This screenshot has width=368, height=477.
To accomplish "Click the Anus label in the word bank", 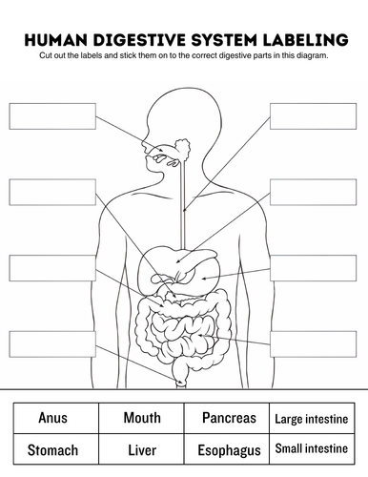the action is click(52, 418).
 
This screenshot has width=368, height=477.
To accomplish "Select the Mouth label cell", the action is click(142, 418).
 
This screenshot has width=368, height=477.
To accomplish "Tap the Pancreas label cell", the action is click(229, 418).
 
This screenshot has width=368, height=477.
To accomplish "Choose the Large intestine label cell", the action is click(312, 419).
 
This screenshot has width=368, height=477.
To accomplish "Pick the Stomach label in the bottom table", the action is click(52, 450).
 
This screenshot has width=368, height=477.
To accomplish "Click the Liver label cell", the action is click(142, 450).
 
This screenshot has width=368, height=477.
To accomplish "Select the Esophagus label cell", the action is click(229, 450).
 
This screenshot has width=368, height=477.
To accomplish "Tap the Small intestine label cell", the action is click(312, 448).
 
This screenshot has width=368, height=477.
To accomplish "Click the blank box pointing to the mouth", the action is click(52, 116).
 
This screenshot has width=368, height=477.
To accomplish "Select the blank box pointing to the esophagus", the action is click(313, 116).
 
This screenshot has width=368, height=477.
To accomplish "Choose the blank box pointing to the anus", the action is click(52, 344).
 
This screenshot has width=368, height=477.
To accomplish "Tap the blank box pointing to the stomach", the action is click(313, 268).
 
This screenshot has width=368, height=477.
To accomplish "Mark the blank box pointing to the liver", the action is click(313, 192).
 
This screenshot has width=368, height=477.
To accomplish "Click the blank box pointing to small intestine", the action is click(313, 344).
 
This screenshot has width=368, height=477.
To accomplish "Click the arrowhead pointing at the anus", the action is click(180, 382).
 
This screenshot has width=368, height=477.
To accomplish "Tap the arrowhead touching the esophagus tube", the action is click(185, 209).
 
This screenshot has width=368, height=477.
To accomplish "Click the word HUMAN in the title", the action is click(56, 40).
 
